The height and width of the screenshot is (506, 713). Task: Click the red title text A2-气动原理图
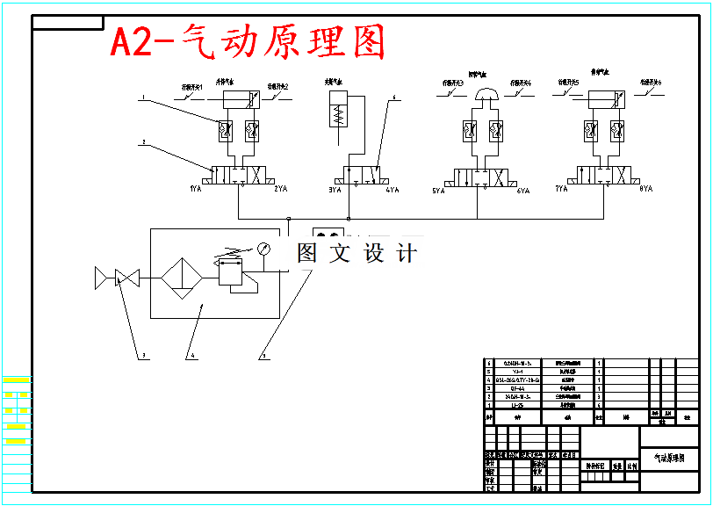click(248, 41)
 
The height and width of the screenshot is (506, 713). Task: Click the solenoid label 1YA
click(196, 189)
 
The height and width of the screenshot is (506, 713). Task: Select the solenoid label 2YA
click(281, 189)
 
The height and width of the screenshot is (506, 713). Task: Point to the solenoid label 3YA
click(335, 189)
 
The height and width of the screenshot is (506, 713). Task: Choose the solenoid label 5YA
click(439, 190)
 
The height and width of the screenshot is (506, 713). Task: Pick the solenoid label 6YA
click(523, 190)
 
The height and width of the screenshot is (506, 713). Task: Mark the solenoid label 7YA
click(562, 189)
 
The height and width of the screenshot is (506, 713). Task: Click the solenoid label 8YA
click(646, 189)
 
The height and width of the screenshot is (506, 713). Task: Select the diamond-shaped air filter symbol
click(183, 278)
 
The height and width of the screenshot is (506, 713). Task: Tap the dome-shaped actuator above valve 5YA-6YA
click(486, 95)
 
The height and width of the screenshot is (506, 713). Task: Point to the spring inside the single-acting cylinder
click(338, 115)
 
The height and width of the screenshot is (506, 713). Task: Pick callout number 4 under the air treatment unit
click(189, 356)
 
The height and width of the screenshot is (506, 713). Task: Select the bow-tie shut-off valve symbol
click(128, 279)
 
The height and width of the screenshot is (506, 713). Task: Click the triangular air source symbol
click(101, 279)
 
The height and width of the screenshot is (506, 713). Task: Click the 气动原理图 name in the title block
click(669, 458)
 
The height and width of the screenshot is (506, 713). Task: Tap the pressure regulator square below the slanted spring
click(229, 276)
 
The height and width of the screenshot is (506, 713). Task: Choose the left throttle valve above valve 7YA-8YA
click(590, 132)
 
